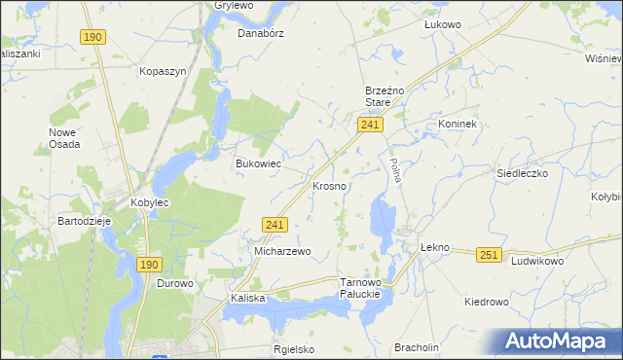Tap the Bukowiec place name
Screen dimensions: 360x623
click(x=258, y=163)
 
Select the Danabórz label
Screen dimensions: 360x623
click(x=260, y=31)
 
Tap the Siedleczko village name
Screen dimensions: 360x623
click(x=523, y=172)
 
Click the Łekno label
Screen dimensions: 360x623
click(x=434, y=247)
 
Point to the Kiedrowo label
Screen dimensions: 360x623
click(x=487, y=302)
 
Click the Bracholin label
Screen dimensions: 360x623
click(x=417, y=347)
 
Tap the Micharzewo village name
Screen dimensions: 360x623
click(x=282, y=251)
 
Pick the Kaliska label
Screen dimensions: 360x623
click(x=248, y=298)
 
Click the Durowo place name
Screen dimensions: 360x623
click(x=176, y=284)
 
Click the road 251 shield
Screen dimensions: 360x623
click(x=489, y=255)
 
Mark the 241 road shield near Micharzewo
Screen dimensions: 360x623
click(x=275, y=225)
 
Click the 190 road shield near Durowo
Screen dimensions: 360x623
click(x=148, y=264)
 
